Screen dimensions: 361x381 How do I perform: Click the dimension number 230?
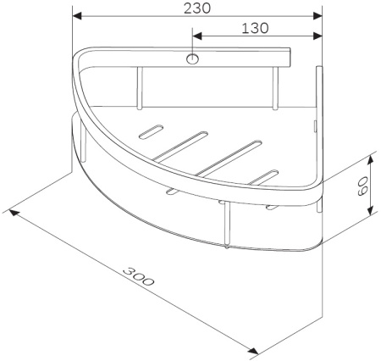click(x=197, y=8)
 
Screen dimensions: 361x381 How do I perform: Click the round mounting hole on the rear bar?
click(x=193, y=59)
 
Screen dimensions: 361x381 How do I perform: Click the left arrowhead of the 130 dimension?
click(x=197, y=36)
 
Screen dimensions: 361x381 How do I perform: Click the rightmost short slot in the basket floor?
click(x=264, y=176)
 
